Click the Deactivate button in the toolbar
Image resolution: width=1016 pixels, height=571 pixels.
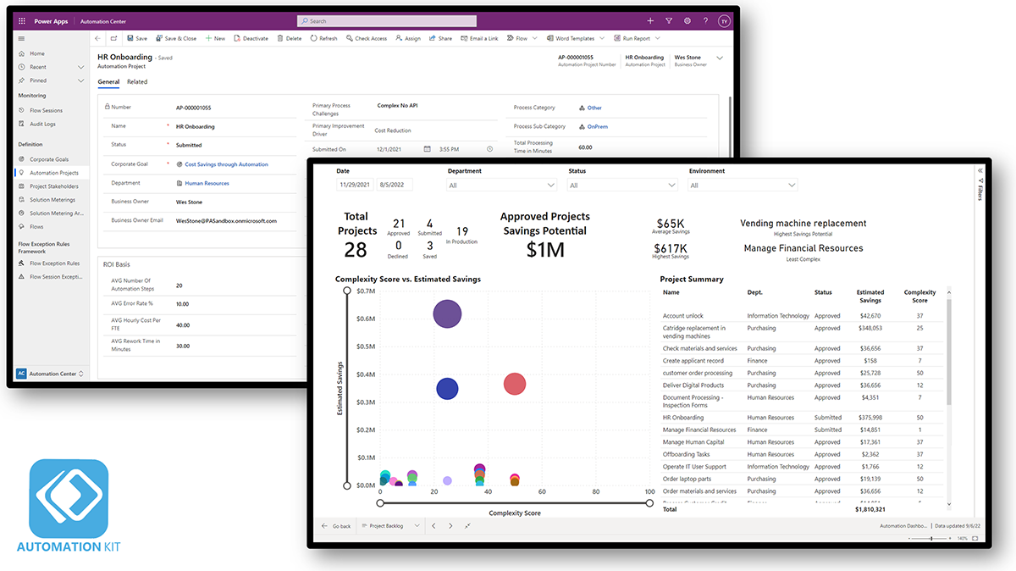(251, 38)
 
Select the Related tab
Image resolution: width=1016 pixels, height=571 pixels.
(137, 82)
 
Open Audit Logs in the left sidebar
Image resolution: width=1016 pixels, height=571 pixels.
(42, 124)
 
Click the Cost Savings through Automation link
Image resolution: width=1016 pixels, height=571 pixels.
(226, 164)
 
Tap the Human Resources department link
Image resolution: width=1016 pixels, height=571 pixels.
(207, 183)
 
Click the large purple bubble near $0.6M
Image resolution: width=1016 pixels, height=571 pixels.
(447, 314)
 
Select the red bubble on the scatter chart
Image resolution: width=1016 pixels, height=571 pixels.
(515, 384)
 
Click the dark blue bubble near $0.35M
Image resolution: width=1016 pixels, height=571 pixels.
(447, 389)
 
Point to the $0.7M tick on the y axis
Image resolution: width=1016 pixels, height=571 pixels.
(365, 291)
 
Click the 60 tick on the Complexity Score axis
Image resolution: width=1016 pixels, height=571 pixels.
(542, 491)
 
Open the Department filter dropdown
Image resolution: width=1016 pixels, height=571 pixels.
(502, 185)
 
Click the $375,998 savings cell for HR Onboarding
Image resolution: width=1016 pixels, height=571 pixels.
(870, 417)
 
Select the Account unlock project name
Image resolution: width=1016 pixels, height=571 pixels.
(683, 316)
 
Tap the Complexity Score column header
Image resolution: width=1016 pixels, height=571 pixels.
(919, 296)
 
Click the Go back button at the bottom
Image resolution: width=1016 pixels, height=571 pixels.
(336, 526)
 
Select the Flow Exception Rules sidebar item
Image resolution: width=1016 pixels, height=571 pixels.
(54, 263)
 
